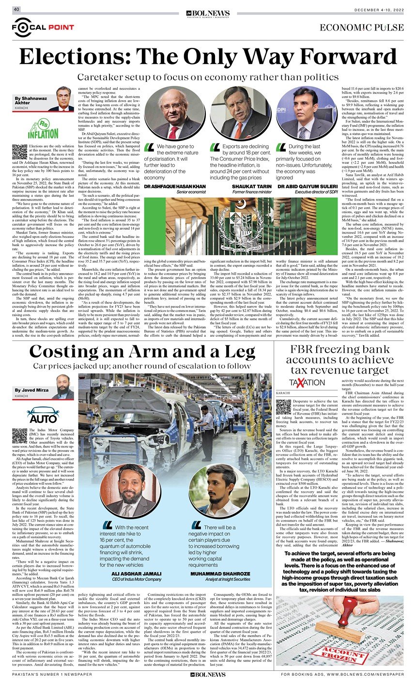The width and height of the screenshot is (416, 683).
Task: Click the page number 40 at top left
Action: pyautogui.click(x=16, y=9)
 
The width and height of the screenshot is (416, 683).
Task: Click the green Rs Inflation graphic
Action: pyautogui.click(x=43, y=127)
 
